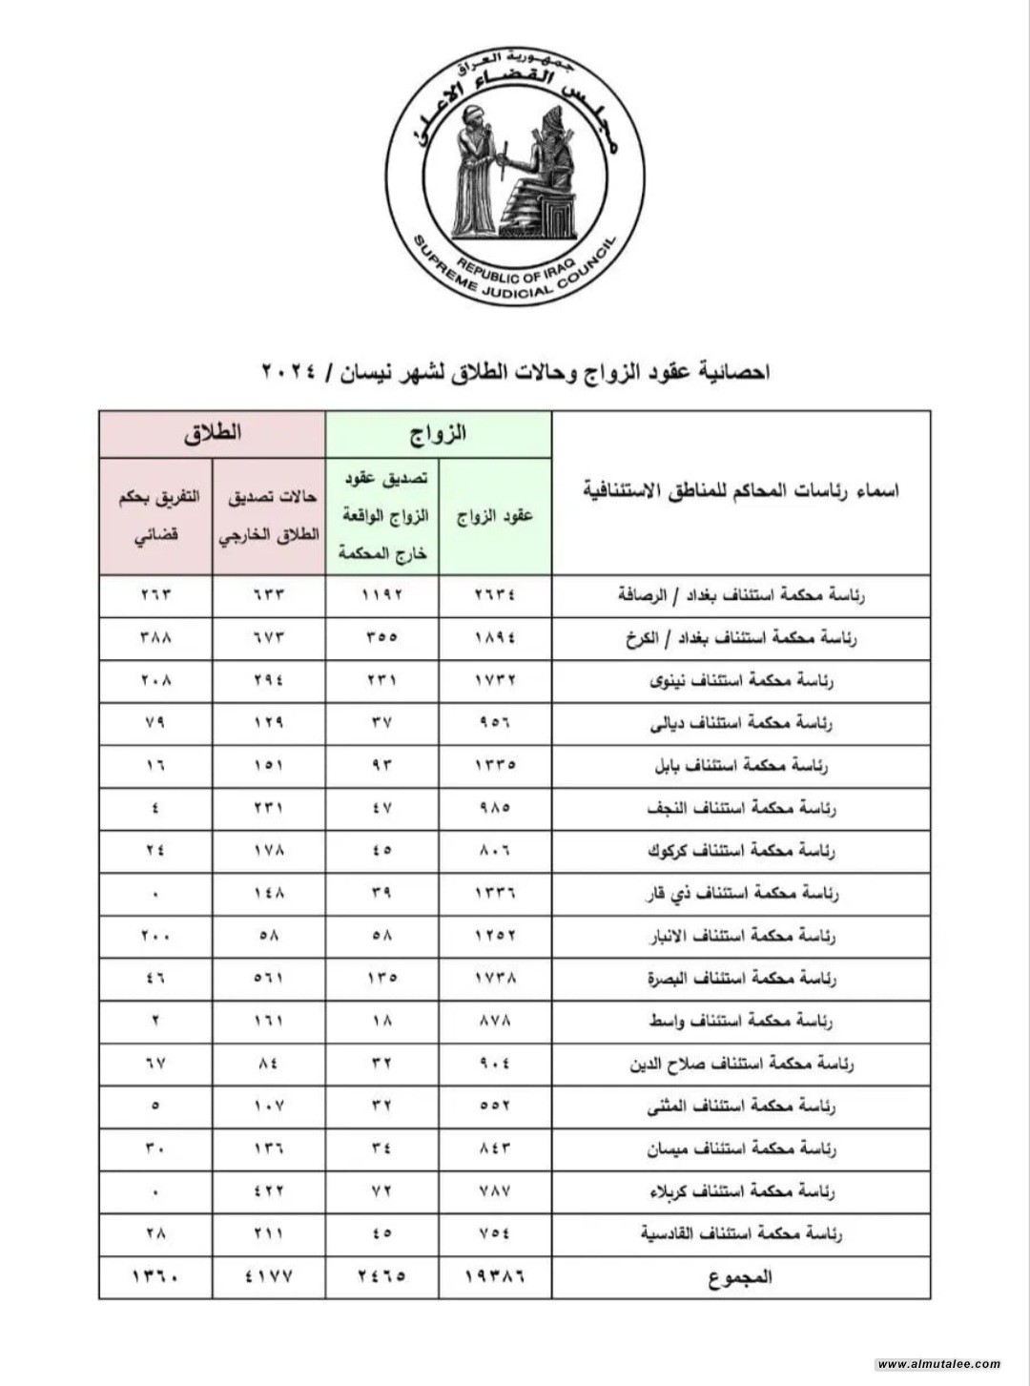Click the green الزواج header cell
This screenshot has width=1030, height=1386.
(439, 435)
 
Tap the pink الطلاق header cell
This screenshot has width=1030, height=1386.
(213, 435)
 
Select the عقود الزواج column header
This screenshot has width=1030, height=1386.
(496, 516)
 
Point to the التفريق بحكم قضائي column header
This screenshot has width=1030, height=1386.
(155, 516)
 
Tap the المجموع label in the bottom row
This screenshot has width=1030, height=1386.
(740, 1277)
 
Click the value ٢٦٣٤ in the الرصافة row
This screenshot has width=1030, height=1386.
(496, 596)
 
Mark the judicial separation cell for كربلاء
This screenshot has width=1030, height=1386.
(155, 1191)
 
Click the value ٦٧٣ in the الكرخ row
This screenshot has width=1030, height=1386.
(270, 638)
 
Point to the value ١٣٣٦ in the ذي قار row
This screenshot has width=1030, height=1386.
(496, 894)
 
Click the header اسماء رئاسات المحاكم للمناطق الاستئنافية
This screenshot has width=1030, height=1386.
(740, 492)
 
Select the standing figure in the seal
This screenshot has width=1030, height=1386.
(473, 172)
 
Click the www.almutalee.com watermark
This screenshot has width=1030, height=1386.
(938, 1364)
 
